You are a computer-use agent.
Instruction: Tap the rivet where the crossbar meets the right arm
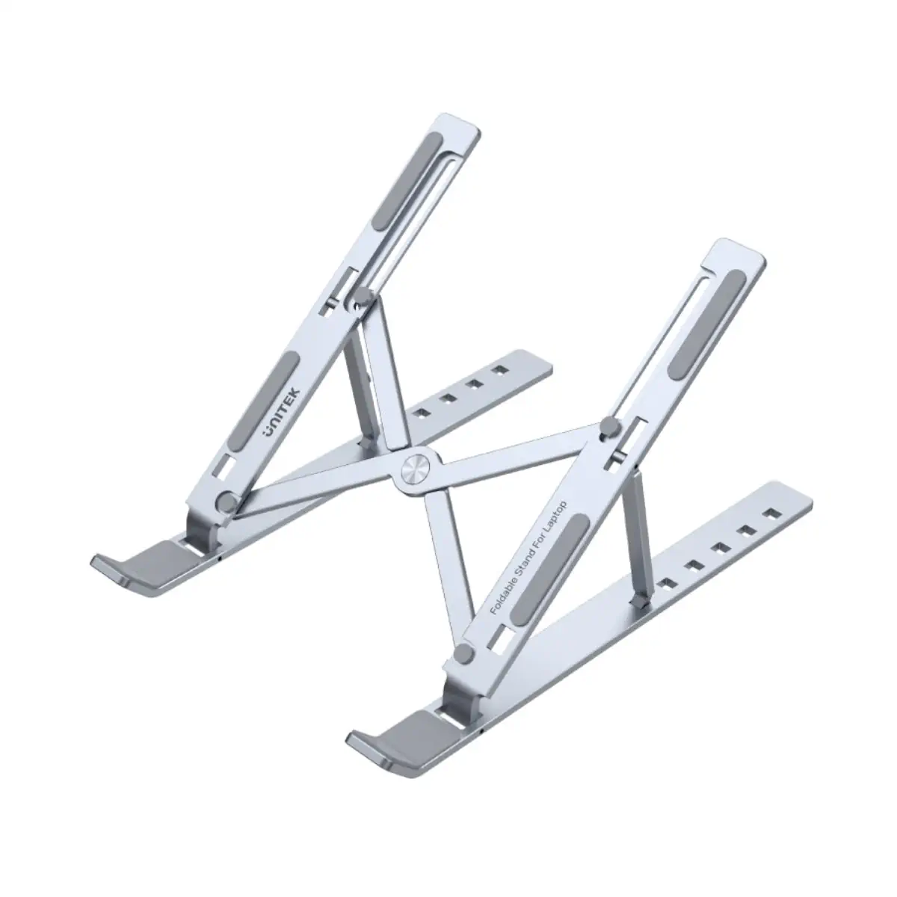pos(608,429)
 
